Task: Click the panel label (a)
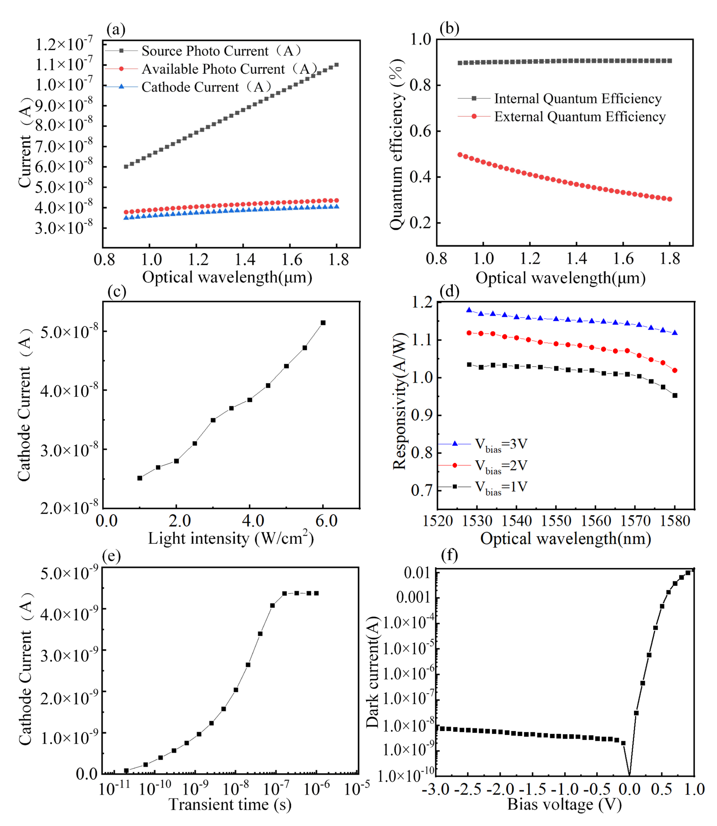[x=116, y=30]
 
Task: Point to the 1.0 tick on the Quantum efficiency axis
[x=421, y=39]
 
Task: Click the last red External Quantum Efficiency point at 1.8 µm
[x=670, y=199]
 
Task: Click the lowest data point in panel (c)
[x=140, y=478]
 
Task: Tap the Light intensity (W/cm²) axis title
[x=231, y=538]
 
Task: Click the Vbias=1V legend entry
[x=501, y=487]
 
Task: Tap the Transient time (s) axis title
[x=230, y=804]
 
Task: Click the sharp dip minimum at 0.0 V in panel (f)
[x=629, y=776]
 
